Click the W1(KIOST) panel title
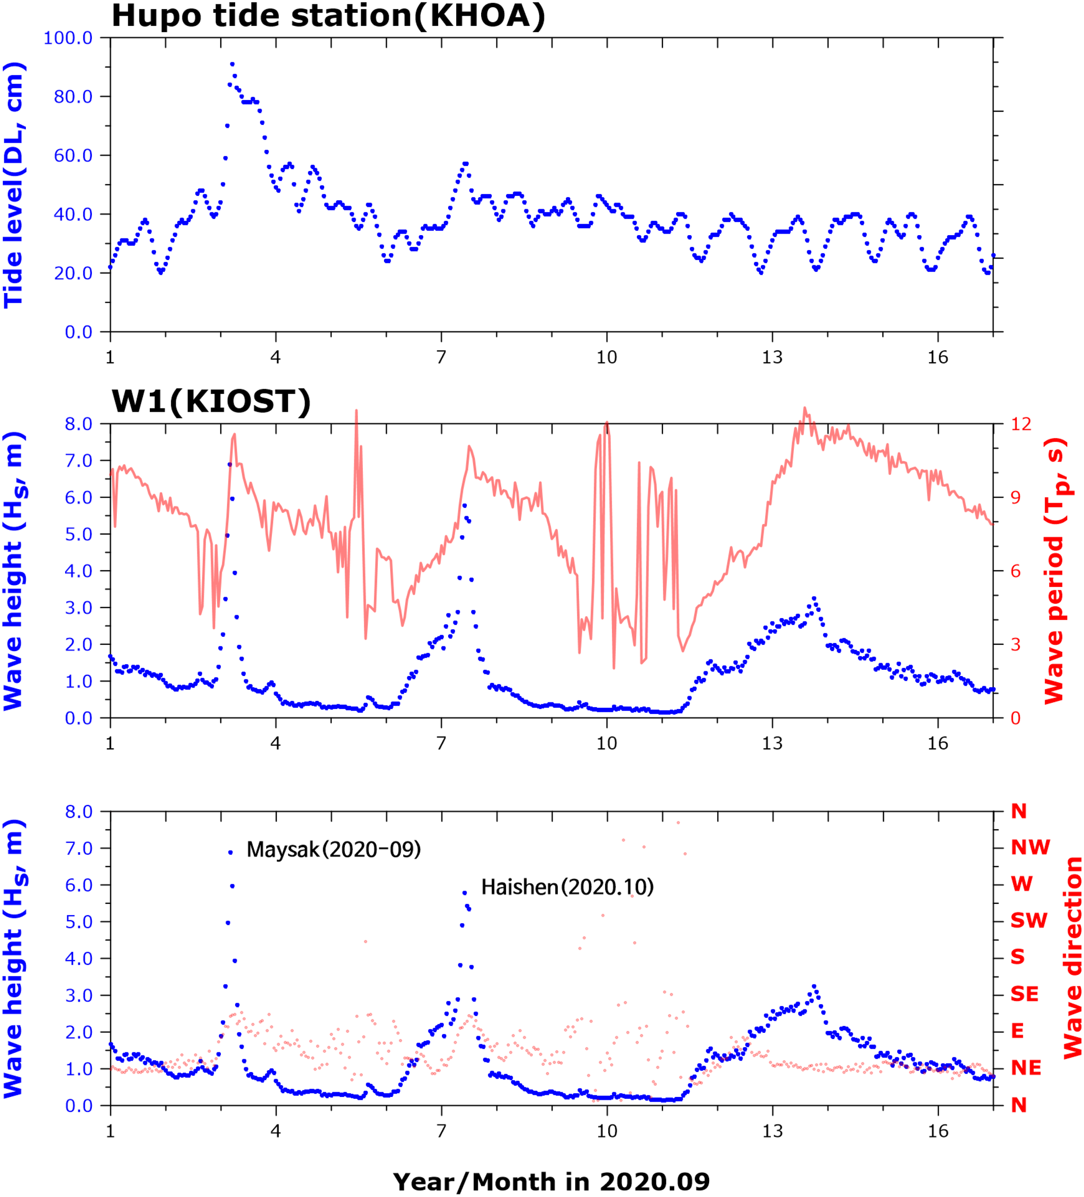[x=211, y=402]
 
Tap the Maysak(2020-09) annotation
[x=334, y=850]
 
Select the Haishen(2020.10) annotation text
[x=567, y=887]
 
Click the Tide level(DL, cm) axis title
[x=14, y=185]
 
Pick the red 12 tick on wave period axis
[x=1021, y=424]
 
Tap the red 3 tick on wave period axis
[x=1016, y=644]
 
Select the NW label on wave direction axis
[x=1030, y=847]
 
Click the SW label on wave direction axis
[x=1029, y=921]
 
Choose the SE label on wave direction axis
[x=1025, y=994]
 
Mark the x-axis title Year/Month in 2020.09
[x=551, y=1182]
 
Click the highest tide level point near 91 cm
[x=232, y=64]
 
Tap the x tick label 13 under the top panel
[x=772, y=358]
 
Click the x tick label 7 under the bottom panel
[x=441, y=1131]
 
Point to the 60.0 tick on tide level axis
[x=74, y=156]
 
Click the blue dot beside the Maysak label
[x=230, y=853]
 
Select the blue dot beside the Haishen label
[x=464, y=892]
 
